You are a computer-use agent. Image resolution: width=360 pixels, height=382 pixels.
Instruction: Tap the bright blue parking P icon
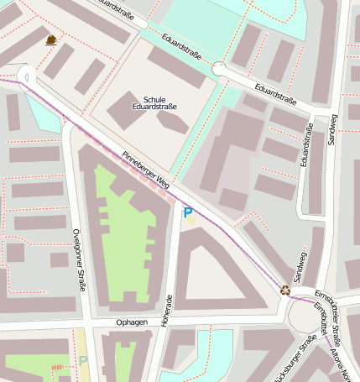(188, 213)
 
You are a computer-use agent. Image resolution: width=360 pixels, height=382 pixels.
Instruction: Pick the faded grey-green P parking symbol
(82, 361)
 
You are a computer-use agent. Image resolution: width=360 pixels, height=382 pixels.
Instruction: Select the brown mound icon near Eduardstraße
(51, 39)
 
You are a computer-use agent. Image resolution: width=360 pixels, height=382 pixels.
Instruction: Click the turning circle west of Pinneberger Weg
(24, 76)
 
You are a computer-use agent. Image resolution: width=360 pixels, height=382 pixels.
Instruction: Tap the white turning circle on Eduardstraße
(220, 69)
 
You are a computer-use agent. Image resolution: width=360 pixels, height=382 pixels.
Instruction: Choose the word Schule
(155, 98)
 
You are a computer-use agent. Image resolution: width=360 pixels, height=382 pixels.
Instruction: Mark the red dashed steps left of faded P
(57, 367)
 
